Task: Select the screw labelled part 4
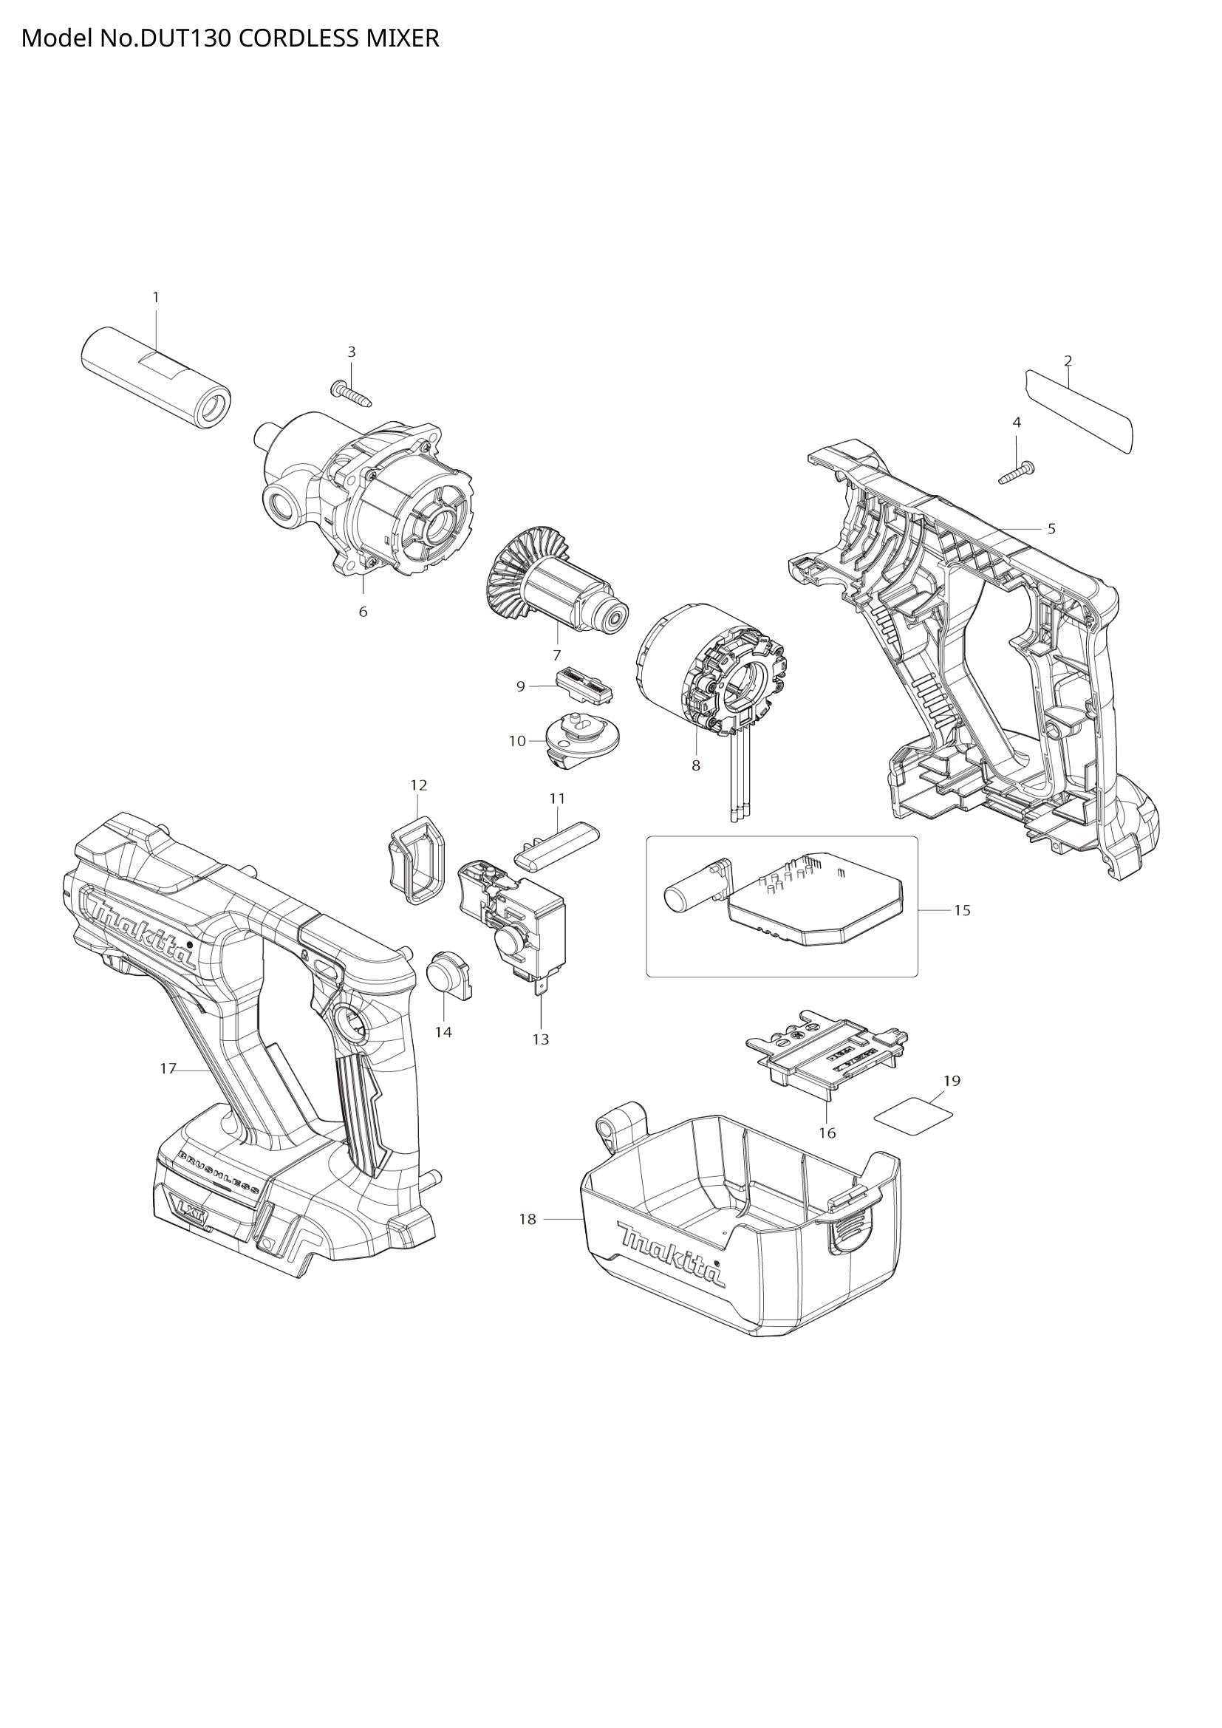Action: (x=1016, y=474)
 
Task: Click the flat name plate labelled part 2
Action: (x=1079, y=410)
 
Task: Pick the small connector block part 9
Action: (x=583, y=684)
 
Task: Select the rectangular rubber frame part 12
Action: (x=416, y=858)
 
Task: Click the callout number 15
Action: (x=962, y=910)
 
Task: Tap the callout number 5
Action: (x=1051, y=528)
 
